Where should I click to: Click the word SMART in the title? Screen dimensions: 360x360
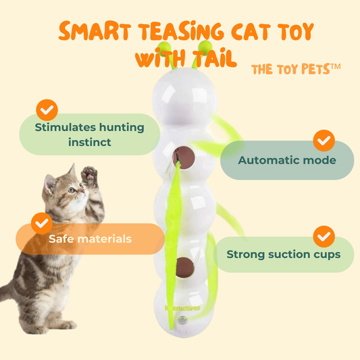pos(95,31)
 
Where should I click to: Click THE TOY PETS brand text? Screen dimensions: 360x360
pos(296,69)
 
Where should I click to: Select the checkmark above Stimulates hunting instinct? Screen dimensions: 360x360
pos(47,110)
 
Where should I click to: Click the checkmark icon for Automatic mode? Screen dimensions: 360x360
pos(324,140)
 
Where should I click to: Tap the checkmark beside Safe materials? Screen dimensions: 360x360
pos(42,223)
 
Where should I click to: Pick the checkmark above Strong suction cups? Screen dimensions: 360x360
pos(324,236)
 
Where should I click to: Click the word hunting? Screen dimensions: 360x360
pos(122,128)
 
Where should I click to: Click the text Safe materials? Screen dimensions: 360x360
pos(91,239)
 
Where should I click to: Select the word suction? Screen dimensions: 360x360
pos(283,254)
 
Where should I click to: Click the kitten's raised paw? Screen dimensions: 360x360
pos(90,174)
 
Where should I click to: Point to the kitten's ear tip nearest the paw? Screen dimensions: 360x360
pos(74,163)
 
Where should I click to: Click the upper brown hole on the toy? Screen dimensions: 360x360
pos(184,157)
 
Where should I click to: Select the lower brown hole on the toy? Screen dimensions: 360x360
pos(185,267)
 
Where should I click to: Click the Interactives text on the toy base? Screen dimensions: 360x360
pos(182,308)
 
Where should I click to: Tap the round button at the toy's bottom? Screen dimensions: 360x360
pos(183,319)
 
